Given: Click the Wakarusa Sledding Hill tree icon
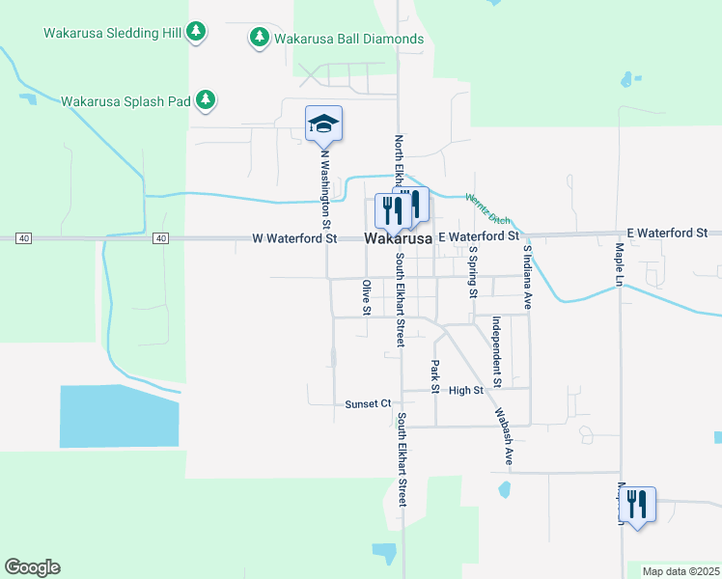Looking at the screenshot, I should pos(197,32).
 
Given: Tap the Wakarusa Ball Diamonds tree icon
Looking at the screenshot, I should pos(259,38).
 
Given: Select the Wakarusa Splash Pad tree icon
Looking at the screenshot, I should pos(206,99).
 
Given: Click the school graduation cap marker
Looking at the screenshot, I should pos(323,124).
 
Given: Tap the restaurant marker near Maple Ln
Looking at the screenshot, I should pos(637,504).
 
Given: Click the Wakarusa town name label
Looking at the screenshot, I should pos(398,238).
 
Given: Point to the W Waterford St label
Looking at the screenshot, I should pos(294,237).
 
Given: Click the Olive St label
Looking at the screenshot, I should pos(366,296).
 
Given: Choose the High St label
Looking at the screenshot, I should pos(465,390).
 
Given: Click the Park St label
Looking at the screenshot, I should pos(435,376).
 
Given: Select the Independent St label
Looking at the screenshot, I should pos(496,351).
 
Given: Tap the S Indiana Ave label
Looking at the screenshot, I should pos(527,275).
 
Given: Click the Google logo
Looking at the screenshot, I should pos(32,567).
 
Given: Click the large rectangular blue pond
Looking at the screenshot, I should pos(120,416).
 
